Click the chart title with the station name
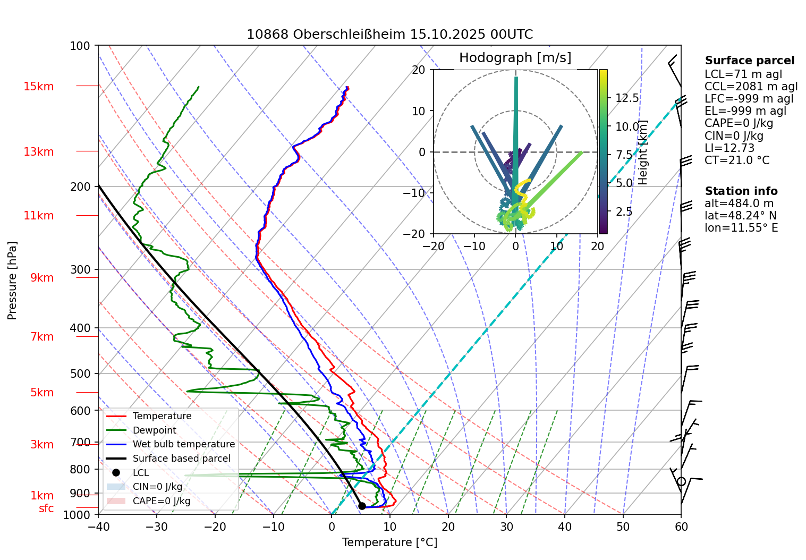click(389, 35)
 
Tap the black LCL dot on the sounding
click(362, 506)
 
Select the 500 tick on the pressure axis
click(81, 374)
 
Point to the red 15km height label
click(38, 87)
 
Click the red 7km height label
click(42, 337)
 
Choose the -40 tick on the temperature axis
click(98, 527)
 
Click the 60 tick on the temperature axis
click(681, 527)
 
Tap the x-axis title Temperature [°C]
click(389, 542)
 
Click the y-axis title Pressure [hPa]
click(12, 281)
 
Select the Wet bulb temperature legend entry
click(183, 444)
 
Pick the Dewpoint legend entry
click(154, 430)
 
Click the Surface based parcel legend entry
click(181, 459)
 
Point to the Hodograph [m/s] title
click(515, 58)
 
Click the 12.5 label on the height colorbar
click(627, 98)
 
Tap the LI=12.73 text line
click(729, 148)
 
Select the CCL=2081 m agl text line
click(751, 87)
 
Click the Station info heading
click(741, 191)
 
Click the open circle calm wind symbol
click(681, 481)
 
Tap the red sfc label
click(46, 508)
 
